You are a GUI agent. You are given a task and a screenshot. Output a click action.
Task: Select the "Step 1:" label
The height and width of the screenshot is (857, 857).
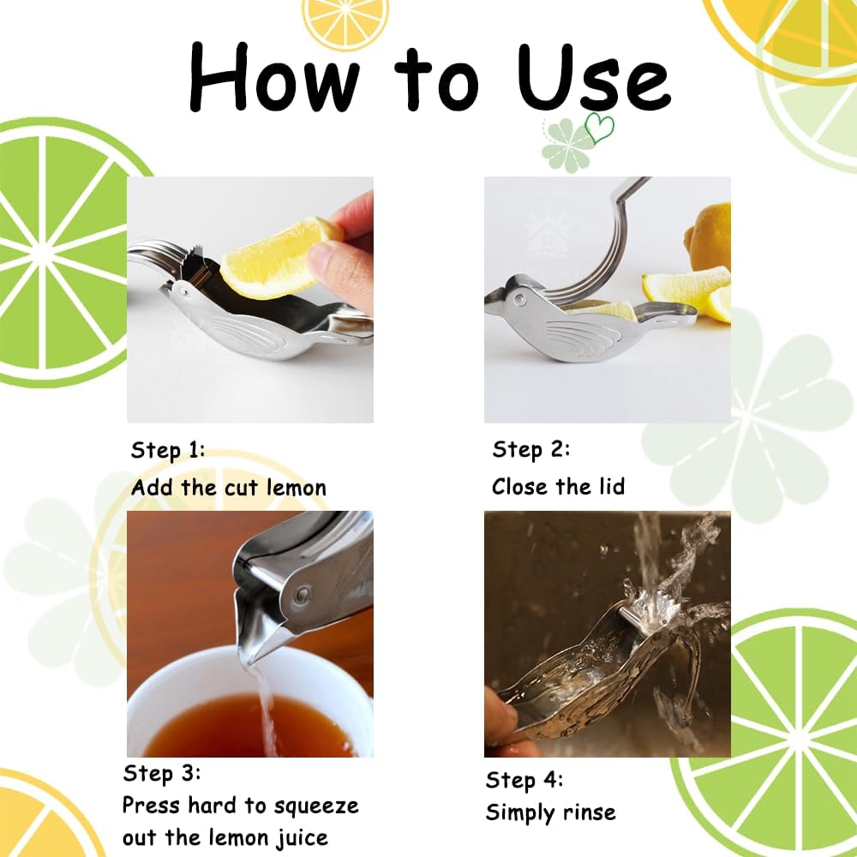[168, 450]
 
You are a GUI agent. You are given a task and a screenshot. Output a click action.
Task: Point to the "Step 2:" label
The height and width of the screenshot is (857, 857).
[530, 449]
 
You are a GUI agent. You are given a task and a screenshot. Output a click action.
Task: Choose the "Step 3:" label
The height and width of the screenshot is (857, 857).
[161, 773]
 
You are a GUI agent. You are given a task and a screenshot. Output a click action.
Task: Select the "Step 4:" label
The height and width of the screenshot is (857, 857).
[524, 780]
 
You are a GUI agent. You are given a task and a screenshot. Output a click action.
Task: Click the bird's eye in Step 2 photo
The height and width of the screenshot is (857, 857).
[519, 301]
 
